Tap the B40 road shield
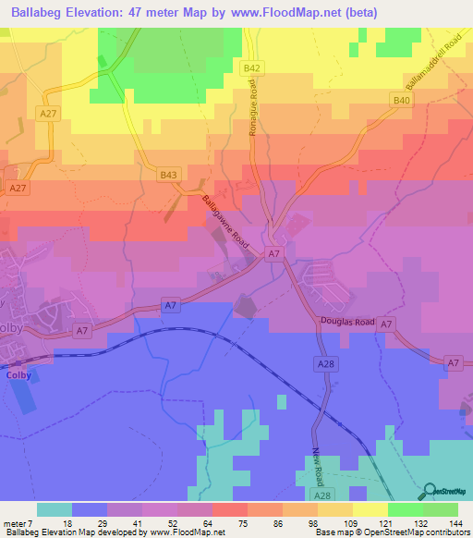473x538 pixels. coord(400,100)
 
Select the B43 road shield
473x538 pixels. coord(167,175)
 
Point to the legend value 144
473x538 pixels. coord(457,522)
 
